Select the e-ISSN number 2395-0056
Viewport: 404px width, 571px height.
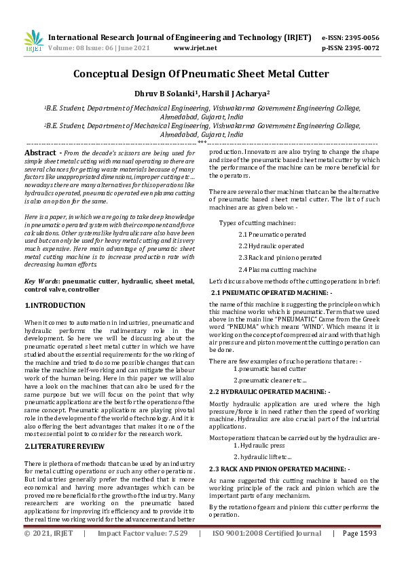(x=360, y=37)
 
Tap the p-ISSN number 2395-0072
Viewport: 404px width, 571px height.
(x=360, y=48)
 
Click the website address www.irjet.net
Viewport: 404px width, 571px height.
(x=196, y=48)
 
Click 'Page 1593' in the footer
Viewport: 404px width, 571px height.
(x=359, y=553)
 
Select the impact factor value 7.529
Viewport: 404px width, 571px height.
(x=177, y=553)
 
